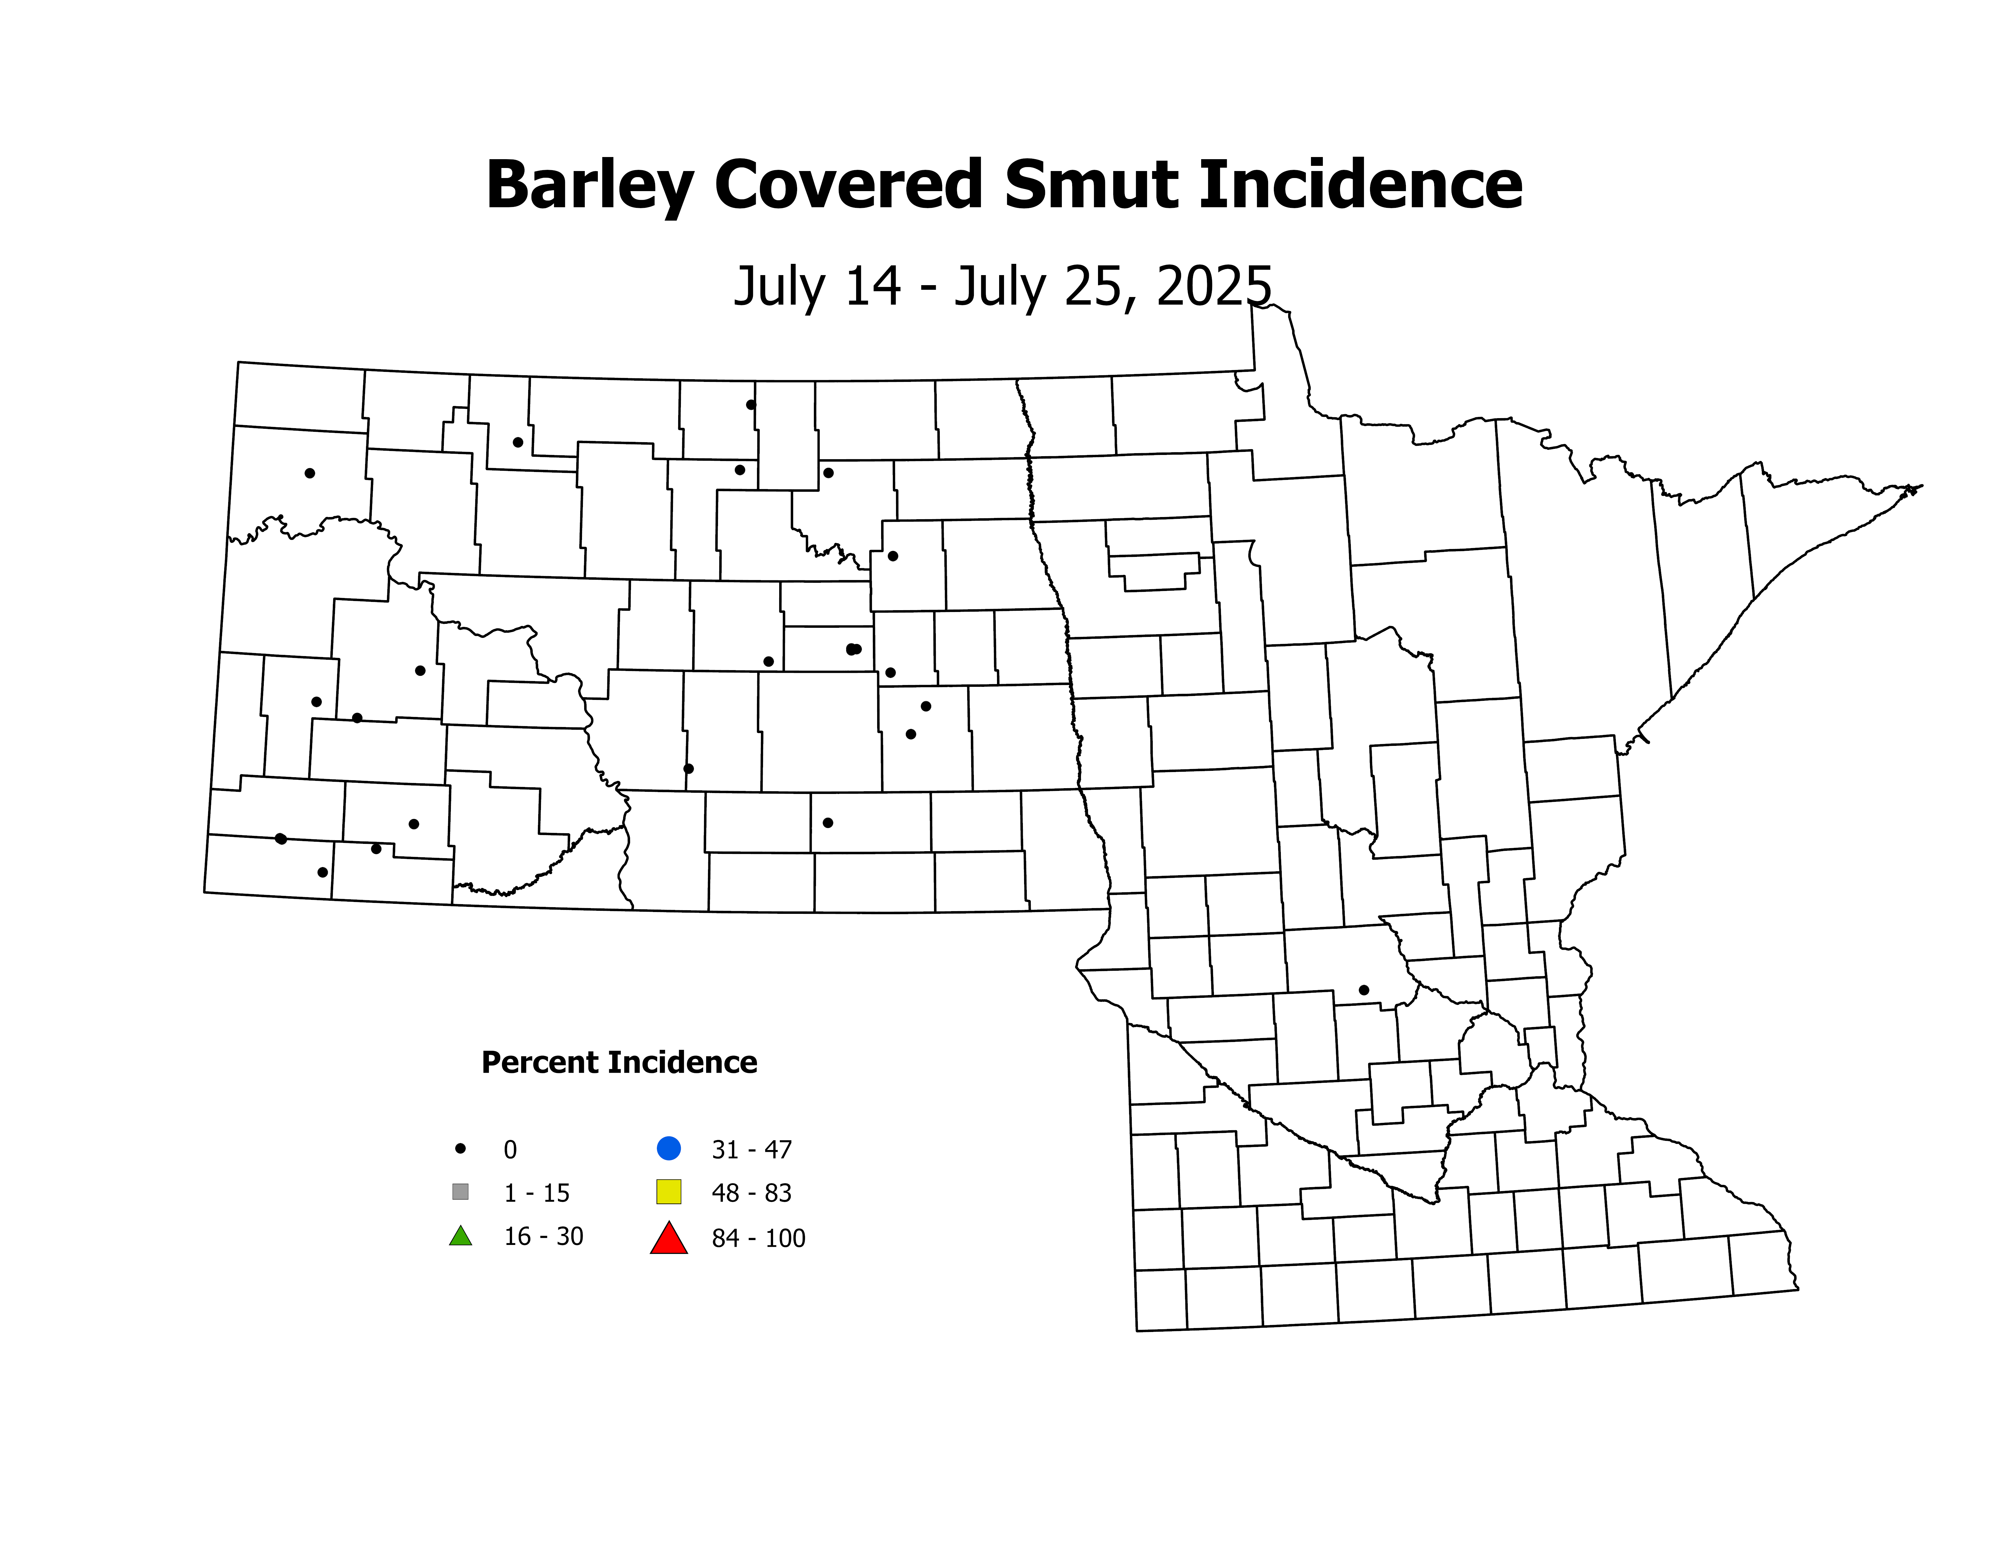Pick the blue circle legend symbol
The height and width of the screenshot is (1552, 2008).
[668, 1148]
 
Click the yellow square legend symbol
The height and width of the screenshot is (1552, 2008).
[668, 1192]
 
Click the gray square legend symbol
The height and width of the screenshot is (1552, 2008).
[461, 1192]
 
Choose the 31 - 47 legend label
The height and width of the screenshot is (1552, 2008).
[751, 1149]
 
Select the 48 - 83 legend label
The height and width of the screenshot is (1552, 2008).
[751, 1193]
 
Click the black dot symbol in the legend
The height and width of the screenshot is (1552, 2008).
[461, 1148]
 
